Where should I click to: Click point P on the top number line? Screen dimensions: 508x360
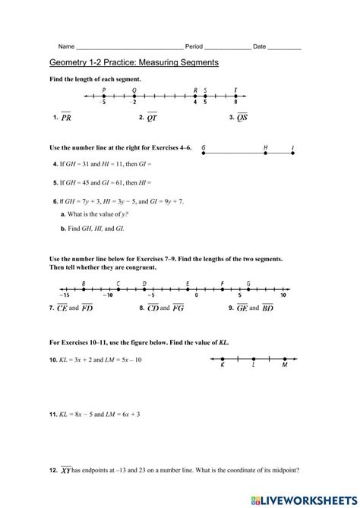(103, 96)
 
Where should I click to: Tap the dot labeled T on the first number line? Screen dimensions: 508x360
(236, 96)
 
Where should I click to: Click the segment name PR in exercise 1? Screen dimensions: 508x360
(66, 118)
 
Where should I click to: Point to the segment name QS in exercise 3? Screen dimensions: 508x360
(242, 118)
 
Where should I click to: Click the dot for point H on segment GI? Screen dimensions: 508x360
(265, 153)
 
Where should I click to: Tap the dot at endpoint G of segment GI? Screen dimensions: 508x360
(204, 153)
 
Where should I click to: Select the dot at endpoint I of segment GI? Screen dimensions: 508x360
(292, 153)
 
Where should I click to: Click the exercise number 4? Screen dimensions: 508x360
(55, 164)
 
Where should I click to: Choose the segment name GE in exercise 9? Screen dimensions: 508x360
(243, 308)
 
